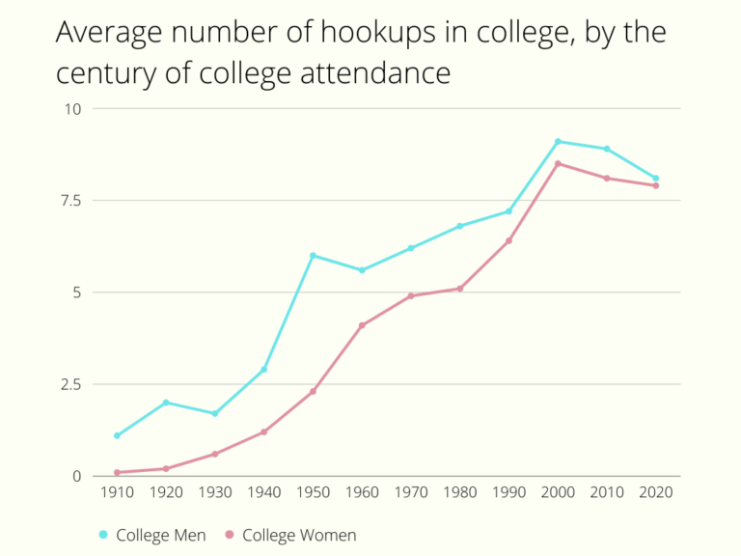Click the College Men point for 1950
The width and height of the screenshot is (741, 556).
(313, 255)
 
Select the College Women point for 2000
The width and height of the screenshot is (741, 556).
(558, 163)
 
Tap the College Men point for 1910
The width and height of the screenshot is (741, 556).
(117, 435)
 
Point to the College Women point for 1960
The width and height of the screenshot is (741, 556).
(362, 325)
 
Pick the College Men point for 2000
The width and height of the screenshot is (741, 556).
(558, 141)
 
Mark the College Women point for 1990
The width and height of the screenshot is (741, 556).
(508, 240)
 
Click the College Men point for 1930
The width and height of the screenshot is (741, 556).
(214, 413)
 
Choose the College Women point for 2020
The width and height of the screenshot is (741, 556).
(656, 185)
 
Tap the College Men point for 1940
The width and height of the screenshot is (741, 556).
(263, 370)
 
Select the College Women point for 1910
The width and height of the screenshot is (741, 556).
(117, 472)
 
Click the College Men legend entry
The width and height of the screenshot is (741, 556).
(160, 535)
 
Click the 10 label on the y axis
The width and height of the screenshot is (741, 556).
(74, 108)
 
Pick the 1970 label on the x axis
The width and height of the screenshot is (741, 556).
(411, 491)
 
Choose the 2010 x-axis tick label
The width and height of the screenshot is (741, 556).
(607, 491)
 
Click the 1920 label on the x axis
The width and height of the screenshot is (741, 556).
(166, 491)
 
